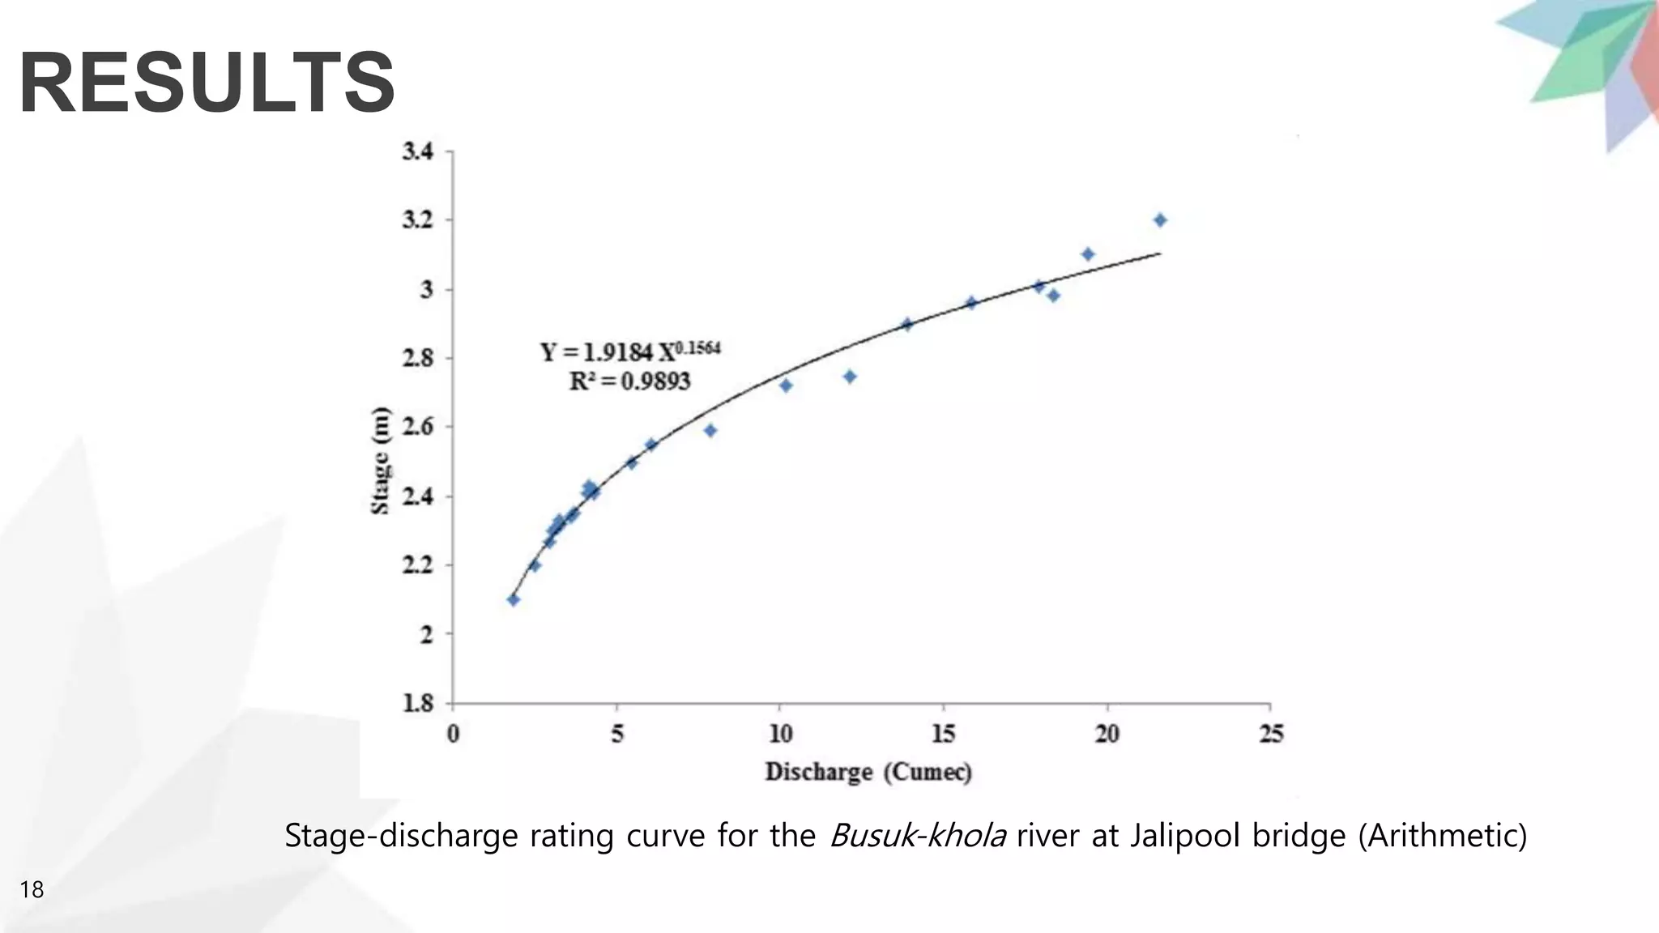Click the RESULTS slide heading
207,83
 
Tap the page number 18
32,890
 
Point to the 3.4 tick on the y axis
418,151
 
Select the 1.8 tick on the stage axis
418,703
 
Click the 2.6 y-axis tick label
418,427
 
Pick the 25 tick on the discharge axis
1271,734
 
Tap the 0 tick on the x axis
453,734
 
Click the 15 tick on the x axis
943,734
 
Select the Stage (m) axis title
380,460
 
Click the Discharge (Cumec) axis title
868,772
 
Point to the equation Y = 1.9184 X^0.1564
630,352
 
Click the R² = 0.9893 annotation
629,381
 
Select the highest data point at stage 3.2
1160,220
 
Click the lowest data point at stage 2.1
513,599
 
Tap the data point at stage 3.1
1088,254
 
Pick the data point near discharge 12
850,377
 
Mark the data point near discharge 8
710,430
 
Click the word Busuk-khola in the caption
918,835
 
